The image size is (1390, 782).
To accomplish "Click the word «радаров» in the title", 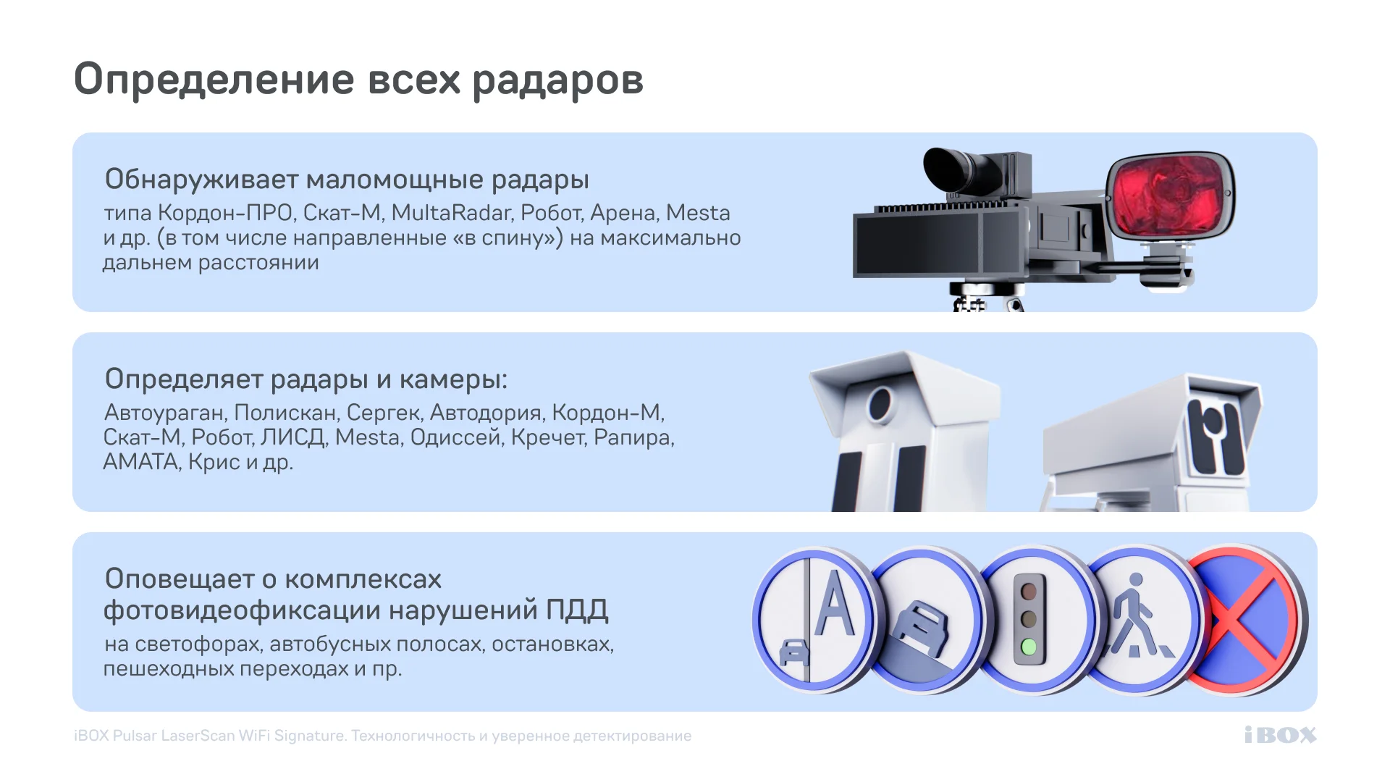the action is [557, 80].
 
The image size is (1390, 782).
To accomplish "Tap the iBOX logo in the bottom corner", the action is [1280, 735].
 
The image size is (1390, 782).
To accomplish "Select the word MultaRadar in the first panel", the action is [452, 213].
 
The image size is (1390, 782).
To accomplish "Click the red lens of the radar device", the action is [1169, 195].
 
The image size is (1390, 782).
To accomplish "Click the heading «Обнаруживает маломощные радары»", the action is [347, 179].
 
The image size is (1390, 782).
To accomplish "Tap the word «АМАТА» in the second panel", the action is [141, 462].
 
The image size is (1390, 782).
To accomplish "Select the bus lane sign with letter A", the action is [814, 618].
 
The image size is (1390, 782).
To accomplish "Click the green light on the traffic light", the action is [1028, 647].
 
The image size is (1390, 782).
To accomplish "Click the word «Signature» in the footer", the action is [309, 736].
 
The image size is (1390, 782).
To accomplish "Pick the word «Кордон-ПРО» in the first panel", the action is [225, 213].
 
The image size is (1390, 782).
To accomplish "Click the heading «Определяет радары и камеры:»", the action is [306, 379].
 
